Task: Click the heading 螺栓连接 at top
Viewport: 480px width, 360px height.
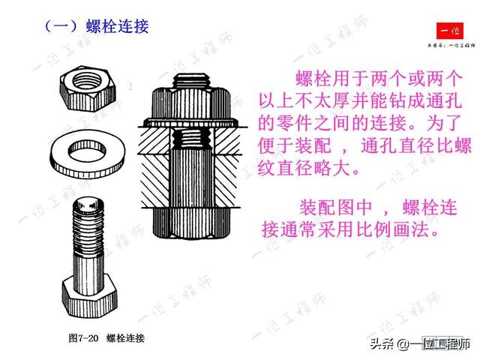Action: coord(118,26)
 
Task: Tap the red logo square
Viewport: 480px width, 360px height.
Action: coord(450,31)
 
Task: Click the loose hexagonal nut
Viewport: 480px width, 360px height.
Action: coord(88,88)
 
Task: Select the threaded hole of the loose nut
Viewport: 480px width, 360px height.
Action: coord(88,79)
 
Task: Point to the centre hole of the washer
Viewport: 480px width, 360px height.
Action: coord(87,151)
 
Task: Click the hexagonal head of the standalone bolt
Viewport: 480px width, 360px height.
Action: coord(89,297)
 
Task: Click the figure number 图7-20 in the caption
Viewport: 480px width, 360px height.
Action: coord(83,338)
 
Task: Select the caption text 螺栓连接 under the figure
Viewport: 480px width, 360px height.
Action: coord(125,338)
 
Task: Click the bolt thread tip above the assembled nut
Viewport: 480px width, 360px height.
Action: coord(191,80)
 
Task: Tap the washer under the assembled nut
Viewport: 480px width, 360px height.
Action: coord(191,123)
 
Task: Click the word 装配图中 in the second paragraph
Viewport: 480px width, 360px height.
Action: coord(335,207)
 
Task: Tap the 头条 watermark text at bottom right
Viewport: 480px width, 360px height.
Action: coord(382,343)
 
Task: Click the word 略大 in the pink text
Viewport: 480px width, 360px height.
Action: coord(332,168)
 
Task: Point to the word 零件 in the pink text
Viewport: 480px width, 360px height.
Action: coord(295,123)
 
